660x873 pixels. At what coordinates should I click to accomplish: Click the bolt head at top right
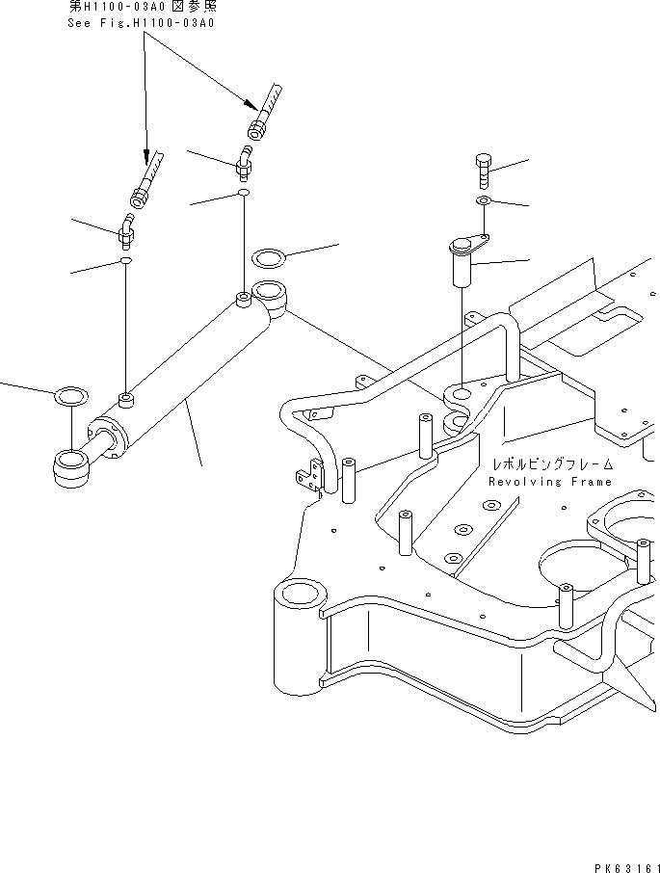(485, 160)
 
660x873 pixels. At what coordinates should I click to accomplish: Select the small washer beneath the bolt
(484, 200)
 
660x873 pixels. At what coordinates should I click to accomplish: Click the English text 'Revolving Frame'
(549, 482)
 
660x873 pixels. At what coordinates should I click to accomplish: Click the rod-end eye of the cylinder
(70, 465)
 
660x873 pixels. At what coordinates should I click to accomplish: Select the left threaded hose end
(145, 183)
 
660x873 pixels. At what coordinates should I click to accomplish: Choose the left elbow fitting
(126, 231)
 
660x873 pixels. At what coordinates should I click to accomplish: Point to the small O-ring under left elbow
(125, 260)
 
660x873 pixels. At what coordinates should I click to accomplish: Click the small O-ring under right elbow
(244, 194)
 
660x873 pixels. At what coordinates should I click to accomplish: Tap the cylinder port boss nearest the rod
(124, 398)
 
